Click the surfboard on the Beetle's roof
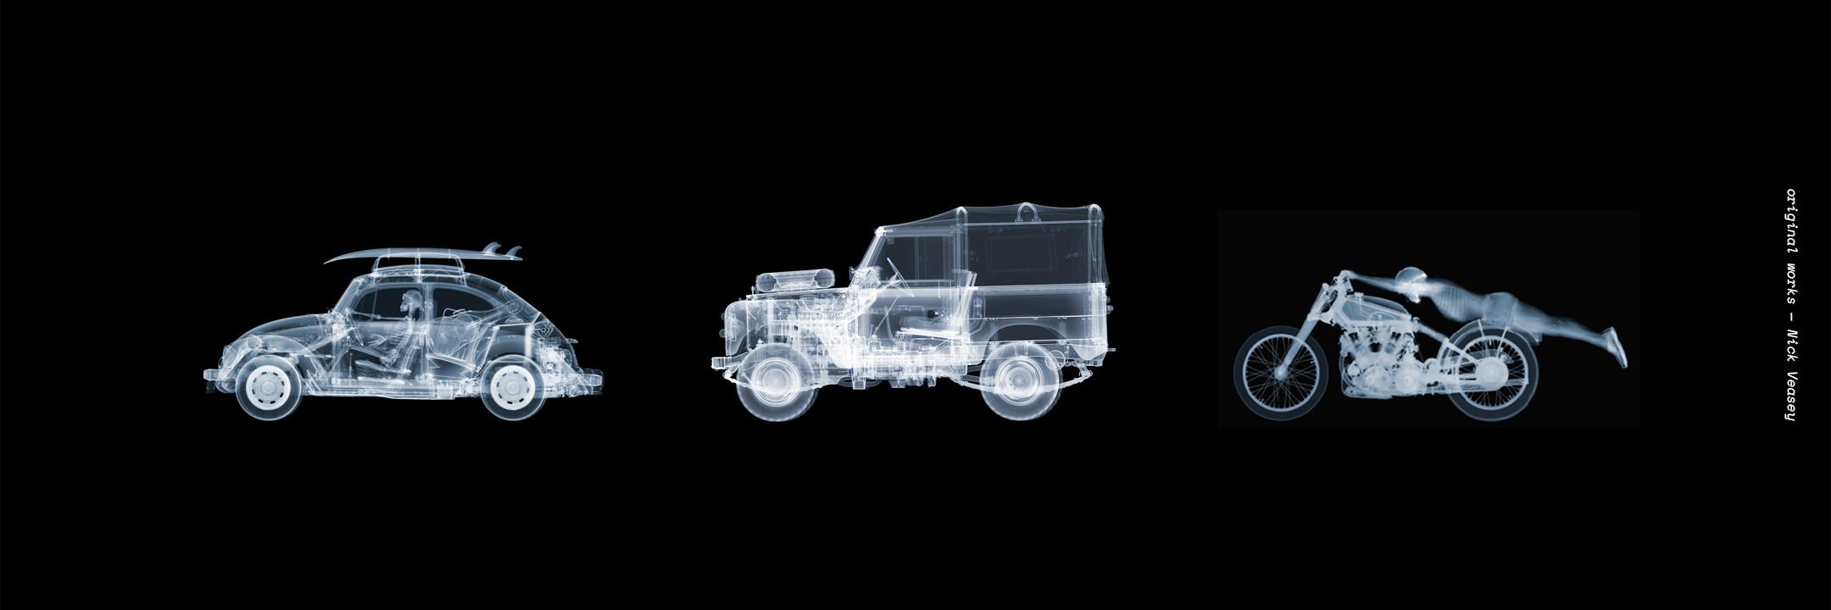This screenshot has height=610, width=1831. click(x=422, y=254)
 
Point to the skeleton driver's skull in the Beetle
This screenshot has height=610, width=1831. click(x=411, y=299)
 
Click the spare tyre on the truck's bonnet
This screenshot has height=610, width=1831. click(x=795, y=278)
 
